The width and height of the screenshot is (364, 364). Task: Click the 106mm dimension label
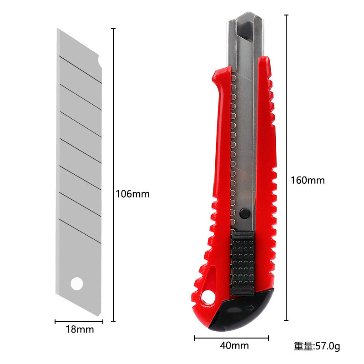pyautogui.click(x=132, y=194)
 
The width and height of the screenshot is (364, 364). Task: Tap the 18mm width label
pyautogui.click(x=80, y=329)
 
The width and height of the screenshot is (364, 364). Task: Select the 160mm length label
pyautogui.click(x=308, y=180)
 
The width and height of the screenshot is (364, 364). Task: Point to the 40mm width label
pyautogui.click(x=234, y=345)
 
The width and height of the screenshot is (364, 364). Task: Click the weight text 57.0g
pyautogui.click(x=328, y=346)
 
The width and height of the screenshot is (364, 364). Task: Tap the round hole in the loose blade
pyautogui.click(x=77, y=283)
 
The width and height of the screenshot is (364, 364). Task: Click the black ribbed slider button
pyautogui.click(x=242, y=263)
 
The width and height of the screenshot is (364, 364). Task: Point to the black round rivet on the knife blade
pyautogui.click(x=245, y=213)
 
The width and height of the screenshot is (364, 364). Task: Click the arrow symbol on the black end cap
pyautogui.click(x=250, y=308)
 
